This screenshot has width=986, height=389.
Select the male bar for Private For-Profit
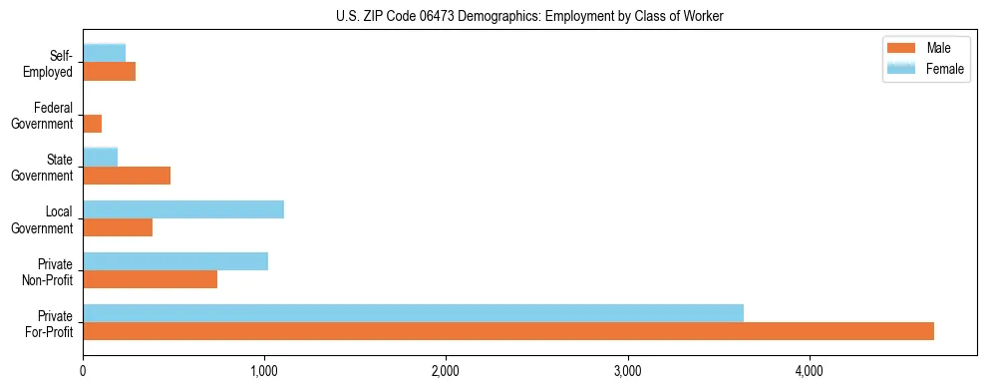508,331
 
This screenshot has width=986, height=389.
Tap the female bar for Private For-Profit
413,313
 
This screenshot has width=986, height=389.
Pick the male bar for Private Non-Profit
150,279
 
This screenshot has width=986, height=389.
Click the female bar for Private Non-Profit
175,261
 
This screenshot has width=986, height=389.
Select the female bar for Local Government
183,209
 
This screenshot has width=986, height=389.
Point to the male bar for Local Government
118,227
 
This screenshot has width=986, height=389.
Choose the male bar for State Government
127,176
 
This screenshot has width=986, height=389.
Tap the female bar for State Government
101,157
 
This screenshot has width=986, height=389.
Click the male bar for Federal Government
93,124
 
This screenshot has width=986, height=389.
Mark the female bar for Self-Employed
105,53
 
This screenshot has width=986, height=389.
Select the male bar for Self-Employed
110,72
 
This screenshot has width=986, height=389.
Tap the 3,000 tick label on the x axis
627,371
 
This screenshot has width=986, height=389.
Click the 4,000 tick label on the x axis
809,371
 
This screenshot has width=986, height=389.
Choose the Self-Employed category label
49,64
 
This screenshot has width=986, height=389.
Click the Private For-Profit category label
49,323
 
